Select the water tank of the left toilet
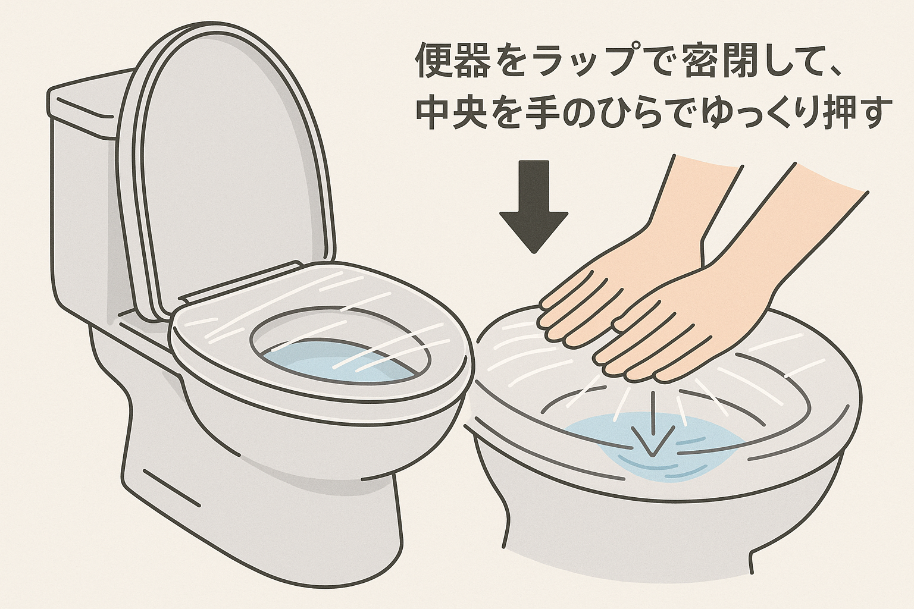[83, 196]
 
